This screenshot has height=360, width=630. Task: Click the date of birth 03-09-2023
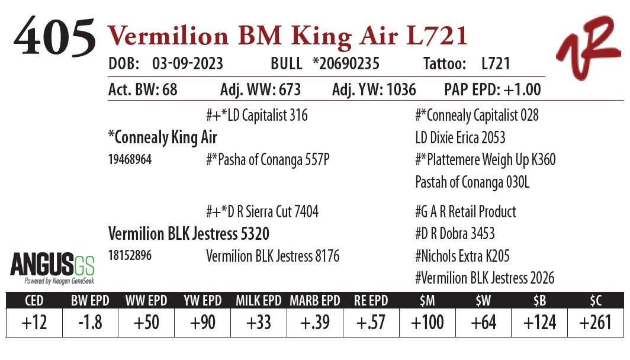pyautogui.click(x=187, y=64)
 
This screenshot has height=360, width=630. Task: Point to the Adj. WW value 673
pyautogui.click(x=285, y=90)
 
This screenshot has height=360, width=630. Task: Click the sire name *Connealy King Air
pyautogui.click(x=163, y=137)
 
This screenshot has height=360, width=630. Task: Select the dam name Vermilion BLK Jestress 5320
pyautogui.click(x=188, y=233)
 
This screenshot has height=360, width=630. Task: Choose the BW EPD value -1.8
pyautogui.click(x=89, y=323)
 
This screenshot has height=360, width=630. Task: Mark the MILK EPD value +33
pyautogui.click(x=258, y=323)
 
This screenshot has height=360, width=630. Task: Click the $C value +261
pyautogui.click(x=595, y=323)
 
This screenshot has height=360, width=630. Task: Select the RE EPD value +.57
pyautogui.click(x=371, y=323)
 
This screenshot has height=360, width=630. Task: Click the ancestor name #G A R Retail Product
pyautogui.click(x=465, y=212)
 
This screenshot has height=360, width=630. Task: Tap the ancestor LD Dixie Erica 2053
pyautogui.click(x=460, y=138)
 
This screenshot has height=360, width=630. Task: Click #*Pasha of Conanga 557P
pyautogui.click(x=267, y=160)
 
